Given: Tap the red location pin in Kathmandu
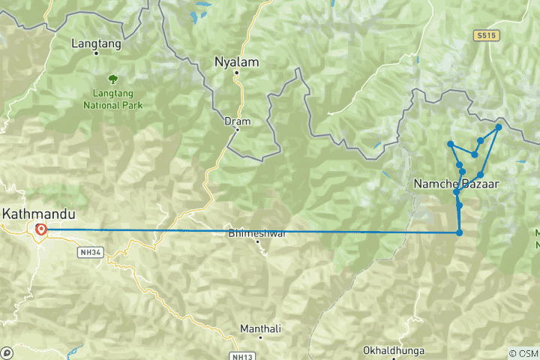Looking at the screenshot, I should pyautogui.click(x=40, y=230).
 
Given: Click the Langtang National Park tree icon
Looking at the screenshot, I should pyautogui.click(x=113, y=77).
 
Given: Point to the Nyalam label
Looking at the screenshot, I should pyautogui.click(x=237, y=61).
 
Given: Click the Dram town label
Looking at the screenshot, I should pyautogui.click(x=237, y=120).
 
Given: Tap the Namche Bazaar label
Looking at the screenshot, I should pyautogui.click(x=456, y=183).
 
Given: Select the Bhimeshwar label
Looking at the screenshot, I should pyautogui.click(x=256, y=233).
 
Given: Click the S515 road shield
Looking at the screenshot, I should pyautogui.click(x=487, y=35).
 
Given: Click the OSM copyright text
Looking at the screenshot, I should pyautogui.click(x=523, y=353).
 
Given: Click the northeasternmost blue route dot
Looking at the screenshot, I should pyautogui.click(x=498, y=127).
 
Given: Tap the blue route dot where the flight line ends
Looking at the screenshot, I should pyautogui.click(x=459, y=232).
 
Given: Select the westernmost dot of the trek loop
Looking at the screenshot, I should pyautogui.click(x=450, y=143).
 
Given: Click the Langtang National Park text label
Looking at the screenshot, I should pyautogui.click(x=113, y=100).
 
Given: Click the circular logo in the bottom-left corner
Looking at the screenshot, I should pyautogui.click(x=7, y=352).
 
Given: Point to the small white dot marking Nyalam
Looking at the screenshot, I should pyautogui.click(x=235, y=73).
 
